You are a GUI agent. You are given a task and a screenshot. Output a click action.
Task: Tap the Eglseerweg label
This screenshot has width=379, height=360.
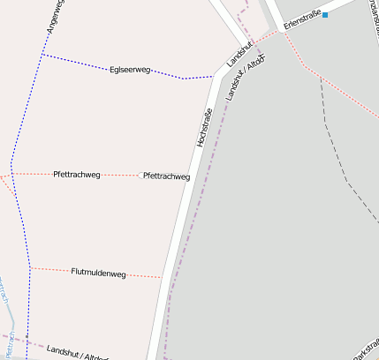[130, 69]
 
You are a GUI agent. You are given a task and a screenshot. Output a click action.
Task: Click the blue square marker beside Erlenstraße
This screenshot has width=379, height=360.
[325, 15]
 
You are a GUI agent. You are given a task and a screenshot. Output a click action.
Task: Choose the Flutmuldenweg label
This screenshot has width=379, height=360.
[98, 273]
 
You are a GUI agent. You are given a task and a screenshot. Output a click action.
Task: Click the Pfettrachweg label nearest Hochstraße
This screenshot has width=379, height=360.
[166, 176]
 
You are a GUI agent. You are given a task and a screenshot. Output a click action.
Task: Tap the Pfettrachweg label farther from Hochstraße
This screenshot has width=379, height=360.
[77, 175]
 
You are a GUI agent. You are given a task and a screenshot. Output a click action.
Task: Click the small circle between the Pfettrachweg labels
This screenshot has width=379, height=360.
[140, 175]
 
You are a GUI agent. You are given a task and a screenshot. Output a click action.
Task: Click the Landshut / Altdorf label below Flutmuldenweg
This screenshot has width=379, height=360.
[78, 353]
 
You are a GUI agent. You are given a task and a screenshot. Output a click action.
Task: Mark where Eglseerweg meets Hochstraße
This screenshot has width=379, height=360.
[214, 76]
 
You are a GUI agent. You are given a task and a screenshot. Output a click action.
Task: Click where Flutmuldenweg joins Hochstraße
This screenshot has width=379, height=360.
[162, 278]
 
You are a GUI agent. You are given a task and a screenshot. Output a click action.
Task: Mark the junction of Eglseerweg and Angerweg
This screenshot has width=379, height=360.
[42, 55]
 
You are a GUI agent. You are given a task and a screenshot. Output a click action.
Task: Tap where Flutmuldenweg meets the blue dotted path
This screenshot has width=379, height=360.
[31, 267]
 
